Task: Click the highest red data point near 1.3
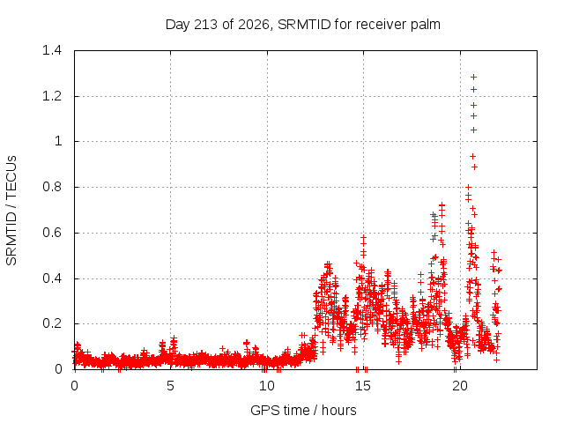point(474,77)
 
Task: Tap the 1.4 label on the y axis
point(52,50)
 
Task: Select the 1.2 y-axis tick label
point(52,96)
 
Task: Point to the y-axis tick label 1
point(58,141)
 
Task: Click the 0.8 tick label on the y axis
point(52,187)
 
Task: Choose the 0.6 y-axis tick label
point(52,233)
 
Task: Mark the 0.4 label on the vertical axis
point(52,278)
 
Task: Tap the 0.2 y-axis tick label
point(52,323)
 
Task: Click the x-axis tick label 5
point(170,386)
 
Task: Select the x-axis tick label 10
point(267,386)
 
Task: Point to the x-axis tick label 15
point(363,386)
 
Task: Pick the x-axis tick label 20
point(460,386)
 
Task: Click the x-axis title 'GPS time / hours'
point(303,411)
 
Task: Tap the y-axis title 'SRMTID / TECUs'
point(11,211)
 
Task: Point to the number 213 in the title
point(205,25)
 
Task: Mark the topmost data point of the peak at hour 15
point(363,237)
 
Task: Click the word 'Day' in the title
point(178,25)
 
